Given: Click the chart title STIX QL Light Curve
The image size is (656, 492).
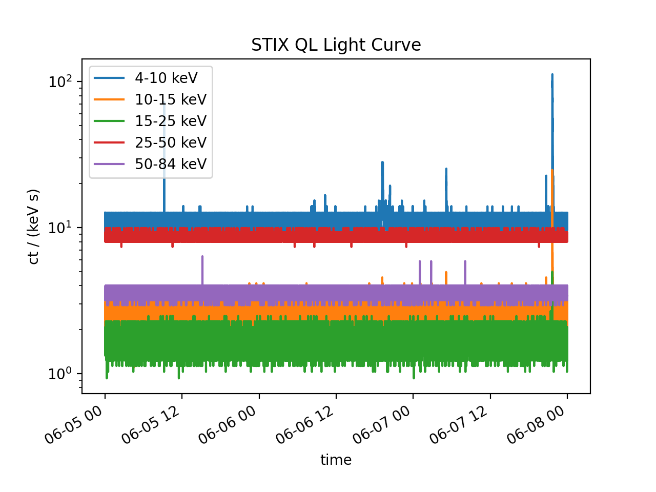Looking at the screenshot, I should pyautogui.click(x=336, y=45).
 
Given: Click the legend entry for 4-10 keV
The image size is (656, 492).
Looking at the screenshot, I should pyautogui.click(x=166, y=78).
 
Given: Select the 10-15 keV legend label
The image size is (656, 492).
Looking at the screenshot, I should pyautogui.click(x=171, y=99).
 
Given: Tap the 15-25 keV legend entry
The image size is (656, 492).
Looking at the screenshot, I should pyautogui.click(x=171, y=121).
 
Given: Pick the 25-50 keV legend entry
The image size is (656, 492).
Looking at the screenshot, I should pyautogui.click(x=171, y=142).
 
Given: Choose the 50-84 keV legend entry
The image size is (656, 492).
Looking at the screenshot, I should pyautogui.click(x=171, y=164).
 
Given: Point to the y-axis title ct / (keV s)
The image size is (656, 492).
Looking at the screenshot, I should pyautogui.click(x=34, y=227).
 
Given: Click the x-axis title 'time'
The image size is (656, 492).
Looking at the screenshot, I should pyautogui.click(x=336, y=460).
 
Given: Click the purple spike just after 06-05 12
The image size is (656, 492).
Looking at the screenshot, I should pyautogui.click(x=202, y=258).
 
